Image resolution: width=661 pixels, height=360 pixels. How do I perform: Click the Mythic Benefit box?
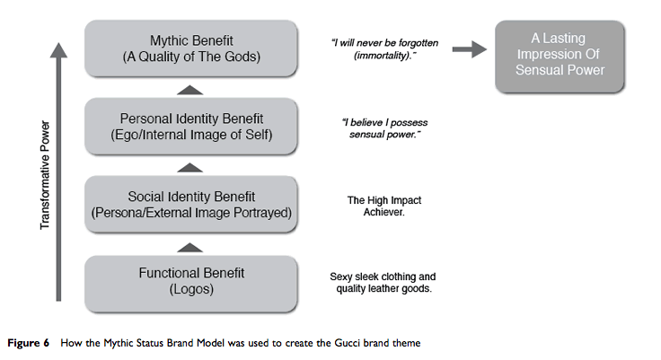tap(191, 48)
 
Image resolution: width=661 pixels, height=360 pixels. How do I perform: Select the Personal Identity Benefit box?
tap(191, 127)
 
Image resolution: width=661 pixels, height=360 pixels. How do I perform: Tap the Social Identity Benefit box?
tap(191, 205)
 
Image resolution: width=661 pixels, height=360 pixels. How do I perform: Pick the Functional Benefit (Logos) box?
tap(191, 284)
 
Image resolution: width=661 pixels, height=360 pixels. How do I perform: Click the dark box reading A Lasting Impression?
tap(560, 57)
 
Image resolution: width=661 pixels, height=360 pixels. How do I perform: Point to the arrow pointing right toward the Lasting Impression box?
tap(469, 49)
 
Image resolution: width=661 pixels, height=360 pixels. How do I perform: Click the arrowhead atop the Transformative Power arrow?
tap(58, 50)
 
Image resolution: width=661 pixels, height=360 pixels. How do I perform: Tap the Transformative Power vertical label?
tap(45, 175)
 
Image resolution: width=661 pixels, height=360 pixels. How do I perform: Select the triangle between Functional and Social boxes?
tap(189, 248)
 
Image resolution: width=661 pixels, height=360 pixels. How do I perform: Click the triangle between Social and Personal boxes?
tap(189, 168)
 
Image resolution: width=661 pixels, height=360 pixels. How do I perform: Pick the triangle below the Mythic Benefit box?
tap(189, 90)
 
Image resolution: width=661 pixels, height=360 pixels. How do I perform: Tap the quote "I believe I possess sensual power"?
tap(384, 128)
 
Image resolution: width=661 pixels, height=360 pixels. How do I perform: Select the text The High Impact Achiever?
tap(384, 206)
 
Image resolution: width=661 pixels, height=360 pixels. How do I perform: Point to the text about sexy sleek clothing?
tap(383, 283)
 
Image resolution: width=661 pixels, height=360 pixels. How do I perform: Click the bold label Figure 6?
tap(28, 343)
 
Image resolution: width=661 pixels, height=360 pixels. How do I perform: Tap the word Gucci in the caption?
tap(348, 343)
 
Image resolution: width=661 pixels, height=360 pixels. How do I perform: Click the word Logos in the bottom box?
tap(191, 289)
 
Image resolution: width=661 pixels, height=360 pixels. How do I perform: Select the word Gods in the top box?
tap(240, 57)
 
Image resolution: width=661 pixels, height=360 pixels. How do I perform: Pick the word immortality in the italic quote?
tap(382, 56)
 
